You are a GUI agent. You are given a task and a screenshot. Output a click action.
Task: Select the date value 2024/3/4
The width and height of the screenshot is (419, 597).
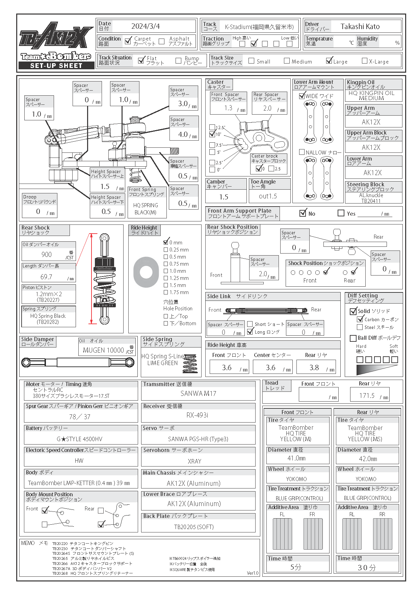[x=146, y=26]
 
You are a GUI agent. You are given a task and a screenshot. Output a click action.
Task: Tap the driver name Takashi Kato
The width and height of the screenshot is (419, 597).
[x=360, y=27]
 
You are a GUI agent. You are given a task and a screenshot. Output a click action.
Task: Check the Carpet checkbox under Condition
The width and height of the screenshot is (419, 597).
[x=128, y=41]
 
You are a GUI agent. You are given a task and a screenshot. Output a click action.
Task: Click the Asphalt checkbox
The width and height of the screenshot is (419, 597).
[x=162, y=41]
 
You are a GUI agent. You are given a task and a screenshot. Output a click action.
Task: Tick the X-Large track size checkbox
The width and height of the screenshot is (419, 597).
[x=364, y=61]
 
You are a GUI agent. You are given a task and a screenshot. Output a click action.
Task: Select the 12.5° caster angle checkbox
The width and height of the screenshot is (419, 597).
[x=212, y=127]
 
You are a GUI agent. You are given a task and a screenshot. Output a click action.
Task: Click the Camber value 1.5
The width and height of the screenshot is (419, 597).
[x=224, y=197]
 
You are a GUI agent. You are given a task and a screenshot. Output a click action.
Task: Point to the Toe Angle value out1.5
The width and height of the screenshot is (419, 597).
[x=268, y=196]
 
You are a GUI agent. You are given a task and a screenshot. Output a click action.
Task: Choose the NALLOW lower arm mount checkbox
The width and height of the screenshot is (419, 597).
[x=302, y=152]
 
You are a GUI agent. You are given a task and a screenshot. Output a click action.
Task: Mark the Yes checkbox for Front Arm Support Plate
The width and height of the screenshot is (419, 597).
[x=341, y=213]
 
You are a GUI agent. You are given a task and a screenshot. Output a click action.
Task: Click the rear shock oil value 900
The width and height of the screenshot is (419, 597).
[x=47, y=255]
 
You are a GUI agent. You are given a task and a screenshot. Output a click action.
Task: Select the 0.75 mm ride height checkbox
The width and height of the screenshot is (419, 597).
[x=166, y=264]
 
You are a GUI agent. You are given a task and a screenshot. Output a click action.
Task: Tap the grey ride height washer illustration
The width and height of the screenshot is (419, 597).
[x=146, y=272]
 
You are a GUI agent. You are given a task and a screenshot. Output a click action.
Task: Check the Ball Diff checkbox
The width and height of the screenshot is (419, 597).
[x=353, y=338]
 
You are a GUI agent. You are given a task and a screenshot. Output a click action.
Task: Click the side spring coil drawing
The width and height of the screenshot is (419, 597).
[x=190, y=364]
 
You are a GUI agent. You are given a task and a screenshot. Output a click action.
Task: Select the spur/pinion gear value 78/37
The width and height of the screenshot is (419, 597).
[x=80, y=417]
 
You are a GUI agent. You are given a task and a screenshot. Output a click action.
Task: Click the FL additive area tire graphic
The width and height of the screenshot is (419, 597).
[x=282, y=534]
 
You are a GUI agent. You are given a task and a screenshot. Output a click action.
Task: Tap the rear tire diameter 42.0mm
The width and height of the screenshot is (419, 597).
[x=368, y=459]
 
